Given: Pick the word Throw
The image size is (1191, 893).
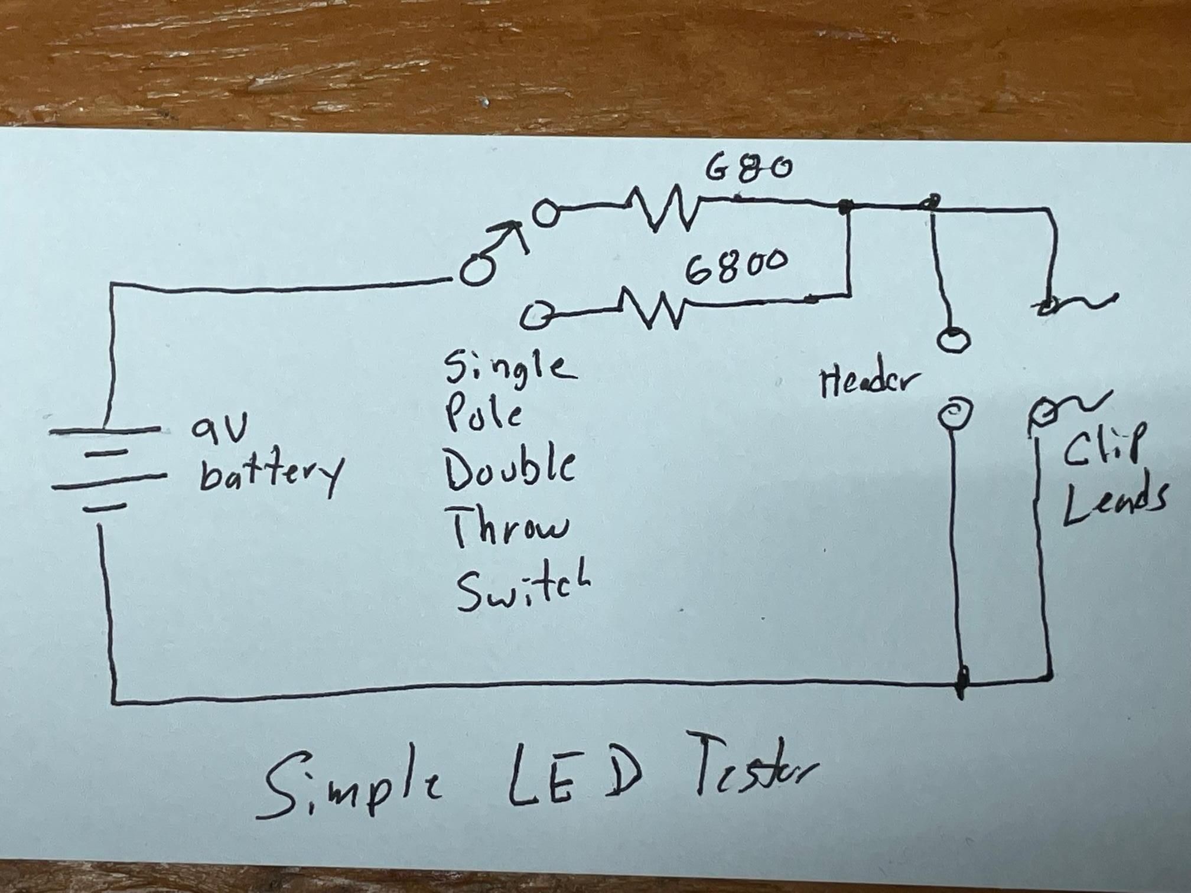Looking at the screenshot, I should (x=509, y=528).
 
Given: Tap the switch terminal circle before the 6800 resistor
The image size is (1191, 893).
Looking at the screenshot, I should (x=538, y=315).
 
